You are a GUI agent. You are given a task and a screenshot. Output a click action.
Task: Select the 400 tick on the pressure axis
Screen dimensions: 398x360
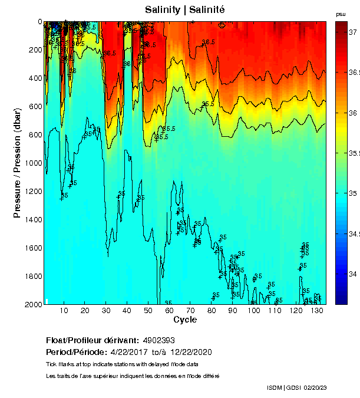(x=35, y=78)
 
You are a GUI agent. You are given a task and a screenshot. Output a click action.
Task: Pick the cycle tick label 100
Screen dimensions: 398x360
(x=253, y=311)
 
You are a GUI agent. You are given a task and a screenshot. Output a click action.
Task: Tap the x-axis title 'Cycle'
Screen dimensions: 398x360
(x=184, y=320)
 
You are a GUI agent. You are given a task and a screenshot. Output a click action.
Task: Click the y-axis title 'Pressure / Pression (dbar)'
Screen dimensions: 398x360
(x=17, y=163)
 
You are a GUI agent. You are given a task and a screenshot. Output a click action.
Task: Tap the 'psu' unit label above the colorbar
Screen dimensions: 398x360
(x=341, y=14)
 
